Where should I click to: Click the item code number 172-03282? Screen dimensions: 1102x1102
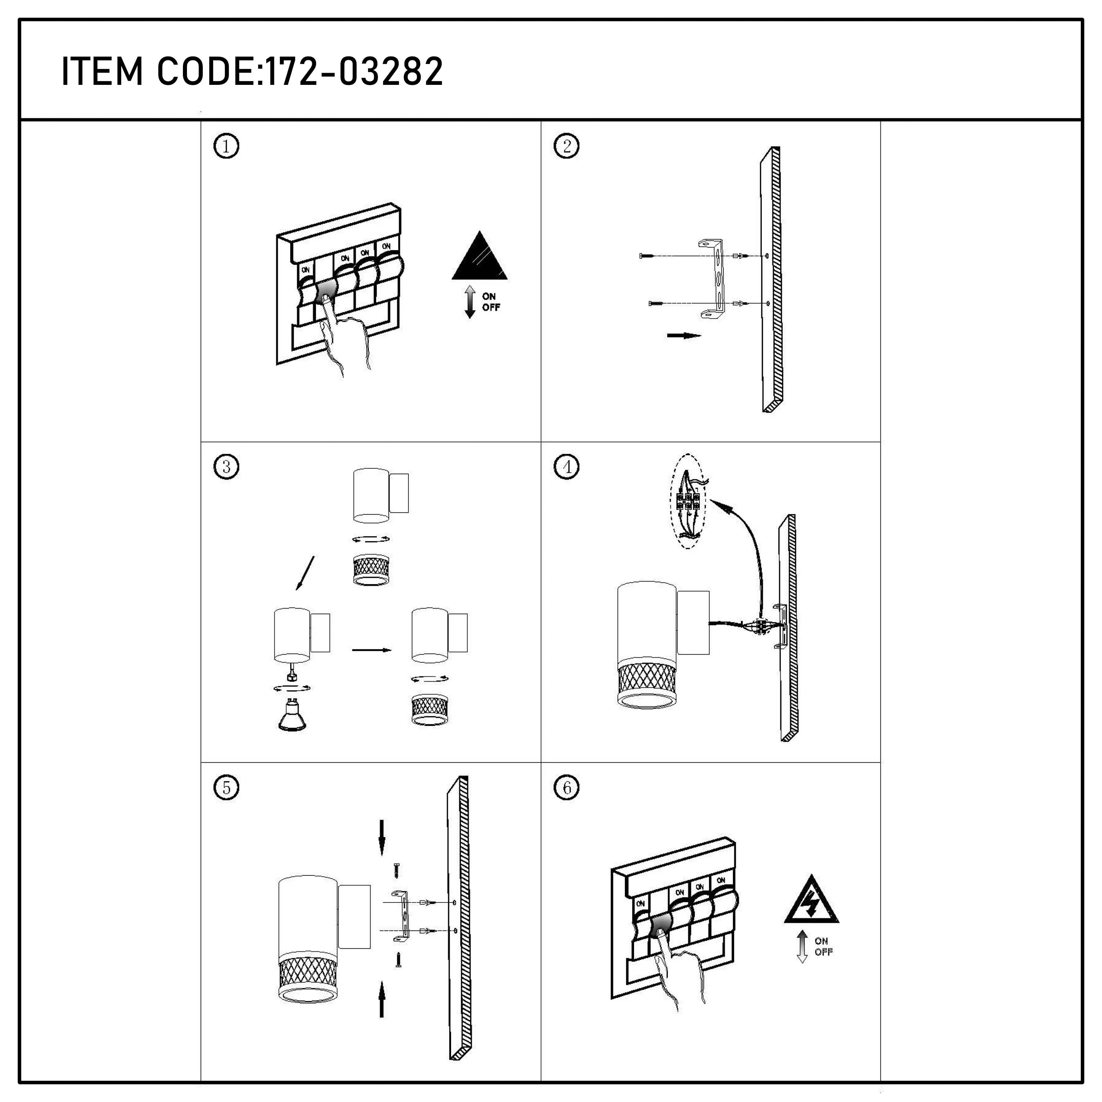point(354,72)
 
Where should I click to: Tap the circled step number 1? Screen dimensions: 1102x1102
point(226,147)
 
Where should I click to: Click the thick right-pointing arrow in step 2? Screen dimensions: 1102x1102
point(683,336)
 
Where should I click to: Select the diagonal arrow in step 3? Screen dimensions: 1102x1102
point(305,573)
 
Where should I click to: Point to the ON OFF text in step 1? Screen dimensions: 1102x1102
point(490,302)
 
